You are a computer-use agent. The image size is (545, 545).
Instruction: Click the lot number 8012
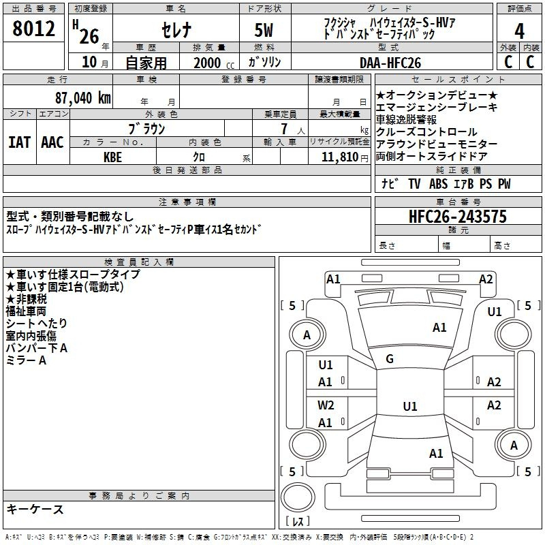33,31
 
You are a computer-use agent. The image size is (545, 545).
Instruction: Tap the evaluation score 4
519,31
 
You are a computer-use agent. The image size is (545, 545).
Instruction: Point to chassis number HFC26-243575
458,217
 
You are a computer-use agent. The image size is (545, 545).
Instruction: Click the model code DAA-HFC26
390,63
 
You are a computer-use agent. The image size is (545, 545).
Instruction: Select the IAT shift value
20,142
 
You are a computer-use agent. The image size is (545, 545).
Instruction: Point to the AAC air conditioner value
52,142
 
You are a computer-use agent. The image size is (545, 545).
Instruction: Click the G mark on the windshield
390,359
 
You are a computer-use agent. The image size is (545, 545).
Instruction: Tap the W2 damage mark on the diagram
326,405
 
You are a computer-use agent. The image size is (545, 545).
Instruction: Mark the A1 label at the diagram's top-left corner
333,279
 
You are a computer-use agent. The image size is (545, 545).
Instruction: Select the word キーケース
35,509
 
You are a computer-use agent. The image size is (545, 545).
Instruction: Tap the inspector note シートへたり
31,324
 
